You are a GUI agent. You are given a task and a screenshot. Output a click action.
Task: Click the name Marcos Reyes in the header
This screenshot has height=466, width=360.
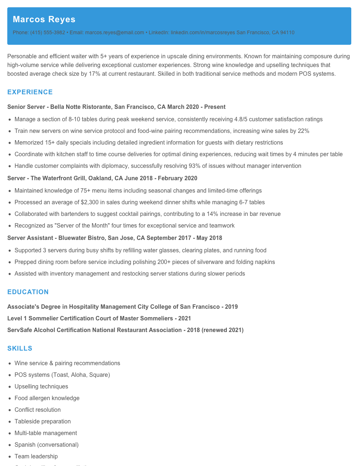coord(44,19)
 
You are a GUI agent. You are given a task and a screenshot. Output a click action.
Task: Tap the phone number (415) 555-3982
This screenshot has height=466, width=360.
coord(47,32)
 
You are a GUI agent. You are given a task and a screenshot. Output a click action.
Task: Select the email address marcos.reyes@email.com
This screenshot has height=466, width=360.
coord(114,32)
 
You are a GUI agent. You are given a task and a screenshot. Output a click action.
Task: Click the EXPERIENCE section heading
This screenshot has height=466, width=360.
coord(30,92)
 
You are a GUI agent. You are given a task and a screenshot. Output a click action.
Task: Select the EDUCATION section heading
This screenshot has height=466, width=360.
coord(28,292)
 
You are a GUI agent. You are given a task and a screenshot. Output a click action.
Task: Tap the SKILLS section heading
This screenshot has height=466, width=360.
coord(20,348)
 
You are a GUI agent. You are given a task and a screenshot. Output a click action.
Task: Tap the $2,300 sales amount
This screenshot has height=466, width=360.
coord(91,202)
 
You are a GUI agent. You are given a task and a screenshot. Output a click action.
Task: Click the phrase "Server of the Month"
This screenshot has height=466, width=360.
coord(82,225)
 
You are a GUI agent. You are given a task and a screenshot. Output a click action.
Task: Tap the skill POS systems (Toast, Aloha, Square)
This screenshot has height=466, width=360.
coord(62,375)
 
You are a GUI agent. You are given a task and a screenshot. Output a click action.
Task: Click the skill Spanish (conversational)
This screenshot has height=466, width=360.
coord(47,445)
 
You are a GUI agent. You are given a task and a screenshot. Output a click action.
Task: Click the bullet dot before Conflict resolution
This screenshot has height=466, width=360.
coord(9,410)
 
